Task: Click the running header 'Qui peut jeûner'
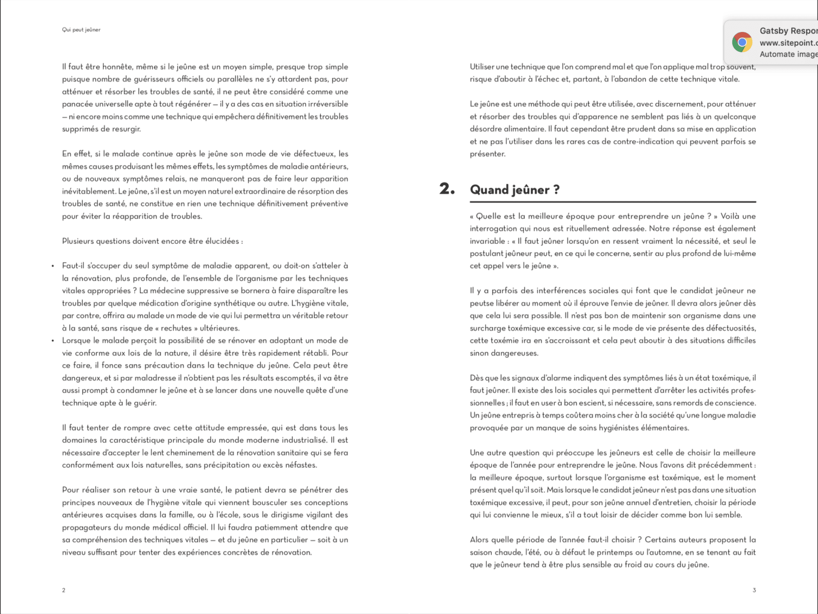click(x=81, y=30)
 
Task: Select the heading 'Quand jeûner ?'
click(x=515, y=190)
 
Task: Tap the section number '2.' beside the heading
click(x=447, y=189)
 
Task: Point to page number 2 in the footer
click(x=64, y=590)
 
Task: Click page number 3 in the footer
click(x=754, y=590)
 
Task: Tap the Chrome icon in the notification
click(x=742, y=42)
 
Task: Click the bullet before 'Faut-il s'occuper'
click(x=53, y=266)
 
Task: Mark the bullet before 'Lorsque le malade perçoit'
click(x=53, y=341)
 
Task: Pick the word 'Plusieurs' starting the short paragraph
click(x=78, y=241)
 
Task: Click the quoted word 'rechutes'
click(x=176, y=328)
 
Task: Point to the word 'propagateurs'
click(x=86, y=527)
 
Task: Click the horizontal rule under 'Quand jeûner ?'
click(x=613, y=202)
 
